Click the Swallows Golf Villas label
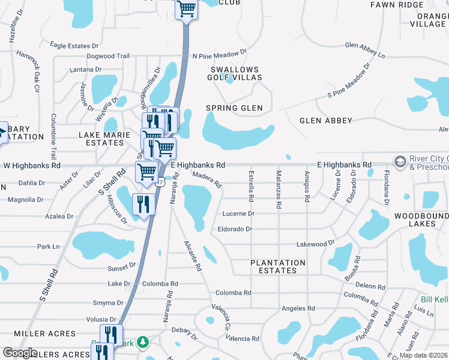pos(235,74)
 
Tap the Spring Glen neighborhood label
pos(235,108)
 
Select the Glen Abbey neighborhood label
pos(326,121)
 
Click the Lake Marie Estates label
pos(104,139)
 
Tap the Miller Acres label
pos(45,334)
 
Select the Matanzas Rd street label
pos(279,189)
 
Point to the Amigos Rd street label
pos(306,187)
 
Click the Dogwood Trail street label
pos(108,56)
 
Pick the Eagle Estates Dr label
pos(74,46)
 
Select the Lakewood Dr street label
pos(315,244)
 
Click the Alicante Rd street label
pos(192,256)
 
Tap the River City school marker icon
pos(399,162)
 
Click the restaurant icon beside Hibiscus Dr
pos(143,202)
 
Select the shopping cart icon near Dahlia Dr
pos(146,171)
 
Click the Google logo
pos(20,353)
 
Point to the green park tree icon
pos(143,342)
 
